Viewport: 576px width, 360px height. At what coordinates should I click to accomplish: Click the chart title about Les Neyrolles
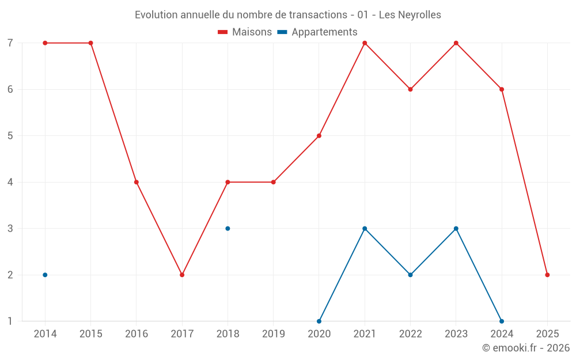pyautogui.click(x=288, y=14)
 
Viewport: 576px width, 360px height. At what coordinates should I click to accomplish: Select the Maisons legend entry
pyautogui.click(x=245, y=32)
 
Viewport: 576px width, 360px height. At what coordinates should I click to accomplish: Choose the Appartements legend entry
pyautogui.click(x=317, y=32)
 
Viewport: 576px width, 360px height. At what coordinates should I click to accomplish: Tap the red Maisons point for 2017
pyautogui.click(x=182, y=275)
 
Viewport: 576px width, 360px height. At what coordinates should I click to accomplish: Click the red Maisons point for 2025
pyautogui.click(x=547, y=275)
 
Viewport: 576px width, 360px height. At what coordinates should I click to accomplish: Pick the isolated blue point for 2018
pyautogui.click(x=228, y=229)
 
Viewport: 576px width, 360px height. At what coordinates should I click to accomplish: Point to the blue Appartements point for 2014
pyautogui.click(x=45, y=275)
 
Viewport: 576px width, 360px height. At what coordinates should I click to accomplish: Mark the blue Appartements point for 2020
pyautogui.click(x=319, y=321)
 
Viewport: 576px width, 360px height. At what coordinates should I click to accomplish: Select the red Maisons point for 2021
pyautogui.click(x=365, y=43)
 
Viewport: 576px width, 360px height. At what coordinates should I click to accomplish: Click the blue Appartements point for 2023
pyautogui.click(x=456, y=229)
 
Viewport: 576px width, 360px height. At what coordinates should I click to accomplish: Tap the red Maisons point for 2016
pyautogui.click(x=137, y=182)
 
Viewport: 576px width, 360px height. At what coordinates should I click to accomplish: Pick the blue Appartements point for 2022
pyautogui.click(x=410, y=275)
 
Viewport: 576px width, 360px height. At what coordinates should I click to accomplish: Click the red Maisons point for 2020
pyautogui.click(x=319, y=136)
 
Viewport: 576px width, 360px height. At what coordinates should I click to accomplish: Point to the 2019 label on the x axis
pyautogui.click(x=273, y=334)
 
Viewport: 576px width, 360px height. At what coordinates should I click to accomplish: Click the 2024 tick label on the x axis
pyautogui.click(x=502, y=334)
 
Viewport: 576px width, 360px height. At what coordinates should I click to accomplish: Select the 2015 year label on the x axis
pyautogui.click(x=90, y=334)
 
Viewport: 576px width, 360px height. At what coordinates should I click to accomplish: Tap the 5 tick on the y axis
pyautogui.click(x=10, y=136)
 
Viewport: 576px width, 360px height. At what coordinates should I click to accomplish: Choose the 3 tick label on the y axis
pyautogui.click(x=10, y=229)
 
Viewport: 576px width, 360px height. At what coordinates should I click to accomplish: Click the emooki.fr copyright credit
pyautogui.click(x=525, y=348)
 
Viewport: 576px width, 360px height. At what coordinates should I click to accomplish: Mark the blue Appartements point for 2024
pyautogui.click(x=502, y=321)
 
